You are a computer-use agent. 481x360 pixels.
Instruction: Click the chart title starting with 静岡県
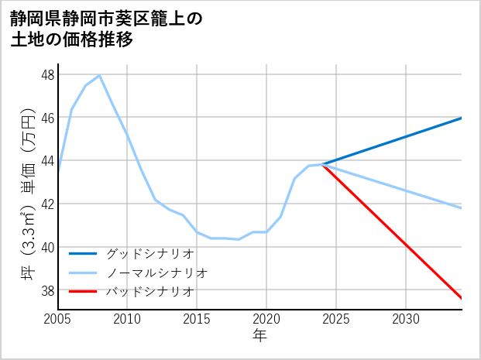tap(106, 29)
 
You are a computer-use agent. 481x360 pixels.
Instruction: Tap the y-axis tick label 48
tap(47, 75)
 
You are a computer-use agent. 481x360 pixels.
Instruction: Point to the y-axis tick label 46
tap(47, 118)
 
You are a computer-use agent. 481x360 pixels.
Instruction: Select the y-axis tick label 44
tap(47, 161)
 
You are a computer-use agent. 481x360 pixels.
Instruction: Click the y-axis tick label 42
tap(47, 204)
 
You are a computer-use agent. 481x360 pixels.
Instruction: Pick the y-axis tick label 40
tap(47, 248)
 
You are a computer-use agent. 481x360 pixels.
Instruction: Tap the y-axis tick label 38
tap(47, 290)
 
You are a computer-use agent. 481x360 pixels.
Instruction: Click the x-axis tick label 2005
tap(57, 319)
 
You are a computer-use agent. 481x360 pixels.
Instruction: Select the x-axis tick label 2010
tap(127, 319)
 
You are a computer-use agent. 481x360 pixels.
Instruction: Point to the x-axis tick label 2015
tap(197, 319)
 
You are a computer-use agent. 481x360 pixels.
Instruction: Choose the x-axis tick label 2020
tap(266, 319)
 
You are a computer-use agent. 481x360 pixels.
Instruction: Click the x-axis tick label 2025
tap(336, 319)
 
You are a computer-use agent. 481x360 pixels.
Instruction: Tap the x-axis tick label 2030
tap(406, 319)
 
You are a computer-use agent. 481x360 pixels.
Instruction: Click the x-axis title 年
tap(259, 335)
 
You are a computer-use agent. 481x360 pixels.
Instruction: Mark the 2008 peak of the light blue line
tap(99, 75)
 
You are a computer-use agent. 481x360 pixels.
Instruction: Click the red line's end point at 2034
tap(462, 298)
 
